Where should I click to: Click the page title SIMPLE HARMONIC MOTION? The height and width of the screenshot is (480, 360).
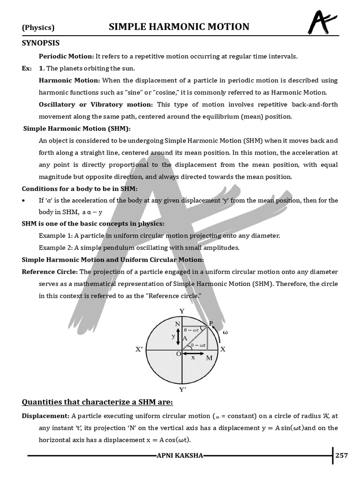(x=179, y=27)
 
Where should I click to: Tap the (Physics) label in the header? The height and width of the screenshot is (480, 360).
(x=38, y=28)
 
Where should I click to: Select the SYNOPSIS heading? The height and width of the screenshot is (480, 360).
(x=41, y=43)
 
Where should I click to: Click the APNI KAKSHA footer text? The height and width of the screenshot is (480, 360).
(x=180, y=456)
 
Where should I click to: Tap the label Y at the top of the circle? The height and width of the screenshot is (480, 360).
(x=182, y=311)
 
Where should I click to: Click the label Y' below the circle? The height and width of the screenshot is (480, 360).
(x=183, y=389)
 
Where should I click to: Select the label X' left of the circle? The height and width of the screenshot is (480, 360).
(x=139, y=350)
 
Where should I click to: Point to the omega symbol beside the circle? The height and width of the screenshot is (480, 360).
(x=225, y=332)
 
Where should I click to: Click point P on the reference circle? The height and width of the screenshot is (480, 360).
(x=210, y=323)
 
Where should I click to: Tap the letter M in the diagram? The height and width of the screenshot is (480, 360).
(x=209, y=358)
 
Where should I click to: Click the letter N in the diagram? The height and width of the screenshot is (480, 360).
(x=178, y=324)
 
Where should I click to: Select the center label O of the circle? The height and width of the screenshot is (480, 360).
(x=179, y=354)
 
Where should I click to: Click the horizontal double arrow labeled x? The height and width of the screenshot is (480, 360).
(x=193, y=353)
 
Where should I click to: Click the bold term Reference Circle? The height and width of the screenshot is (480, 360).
(x=50, y=272)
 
